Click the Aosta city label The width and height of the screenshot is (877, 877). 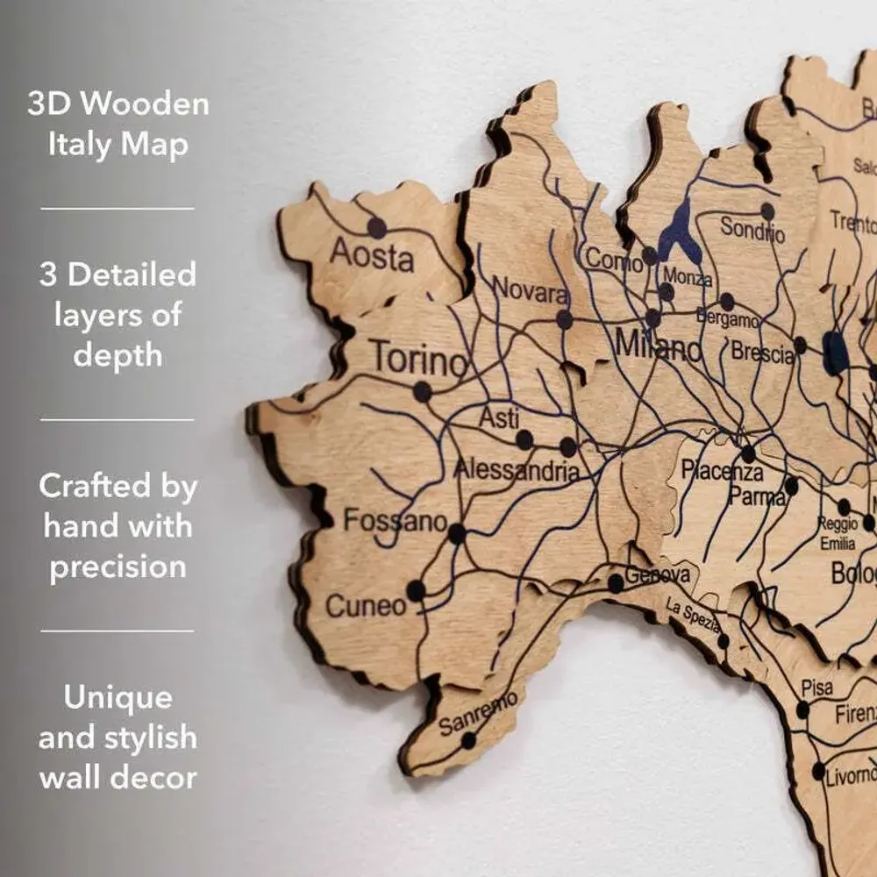coord(372,257)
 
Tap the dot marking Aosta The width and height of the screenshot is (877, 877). coord(377,228)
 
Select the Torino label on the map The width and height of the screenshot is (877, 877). coord(418,360)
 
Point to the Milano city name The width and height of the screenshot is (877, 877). coord(659,346)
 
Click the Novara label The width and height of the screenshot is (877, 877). coord(531,289)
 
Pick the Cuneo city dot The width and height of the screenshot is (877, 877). coord(417,590)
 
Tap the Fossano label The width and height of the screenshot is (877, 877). coord(395,521)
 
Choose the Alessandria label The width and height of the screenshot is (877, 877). coord(517,471)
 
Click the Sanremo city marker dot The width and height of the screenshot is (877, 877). coord(469,740)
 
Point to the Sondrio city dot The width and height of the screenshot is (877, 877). coord(767,211)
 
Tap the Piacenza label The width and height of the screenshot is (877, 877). coord(723,472)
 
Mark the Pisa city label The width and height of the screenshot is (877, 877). coord(816,688)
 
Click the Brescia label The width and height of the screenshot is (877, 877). coord(763,353)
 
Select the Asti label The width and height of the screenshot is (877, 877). coord(499,418)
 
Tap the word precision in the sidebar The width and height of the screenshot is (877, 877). coord(118,567)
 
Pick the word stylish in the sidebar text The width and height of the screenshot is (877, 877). coord(142,738)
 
